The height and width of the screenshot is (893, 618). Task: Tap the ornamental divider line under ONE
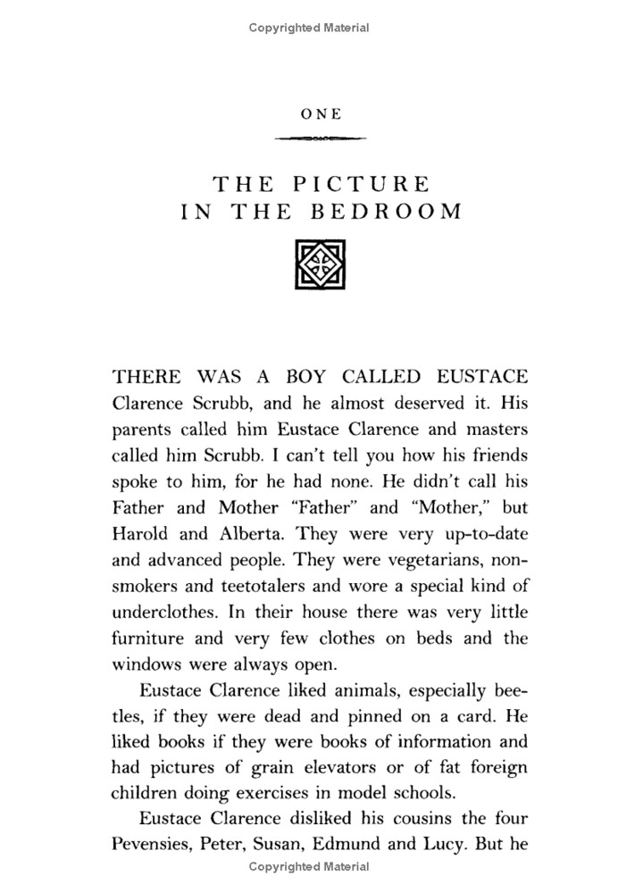321,138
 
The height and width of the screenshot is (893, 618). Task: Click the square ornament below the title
309,263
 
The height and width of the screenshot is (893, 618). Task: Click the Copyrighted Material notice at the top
309,28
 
